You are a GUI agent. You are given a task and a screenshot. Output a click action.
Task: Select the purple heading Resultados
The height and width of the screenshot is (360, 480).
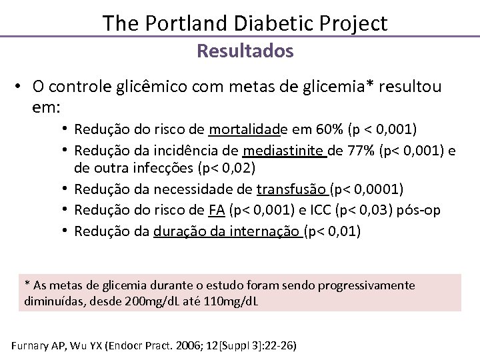(245, 51)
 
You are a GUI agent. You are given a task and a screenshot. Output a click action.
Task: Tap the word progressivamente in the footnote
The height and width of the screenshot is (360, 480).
(366, 285)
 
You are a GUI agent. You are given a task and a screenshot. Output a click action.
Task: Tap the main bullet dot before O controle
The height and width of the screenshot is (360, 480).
(21, 87)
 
